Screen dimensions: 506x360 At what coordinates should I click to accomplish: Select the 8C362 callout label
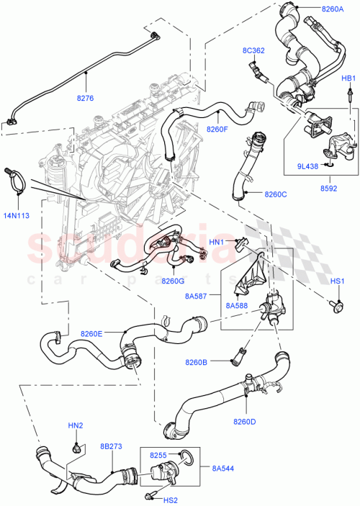click(254, 50)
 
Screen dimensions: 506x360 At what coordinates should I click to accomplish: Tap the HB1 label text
click(348, 78)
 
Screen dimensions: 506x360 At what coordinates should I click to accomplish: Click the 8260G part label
click(173, 281)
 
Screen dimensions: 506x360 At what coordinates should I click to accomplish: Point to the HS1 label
click(338, 281)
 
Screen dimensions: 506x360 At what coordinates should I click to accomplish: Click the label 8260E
click(91, 333)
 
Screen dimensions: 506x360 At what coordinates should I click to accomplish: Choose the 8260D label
click(246, 421)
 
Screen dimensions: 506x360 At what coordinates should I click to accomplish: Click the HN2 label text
click(76, 426)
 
